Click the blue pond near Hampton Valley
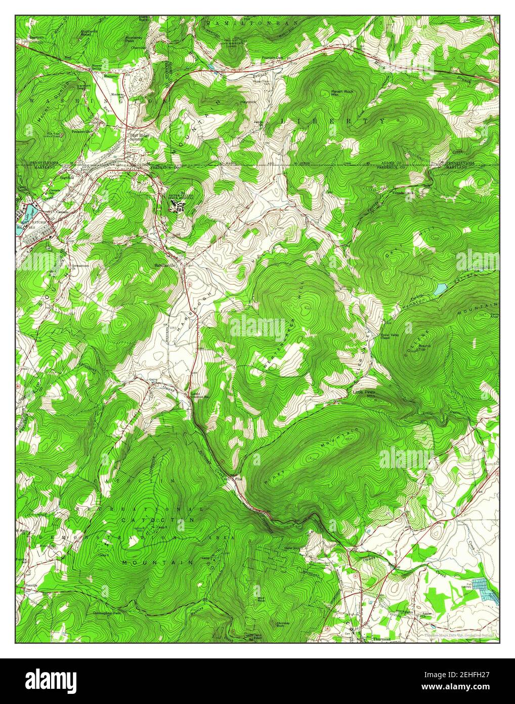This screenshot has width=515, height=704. [x=440, y=289]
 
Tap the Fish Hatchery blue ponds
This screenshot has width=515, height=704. [x=485, y=589]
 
